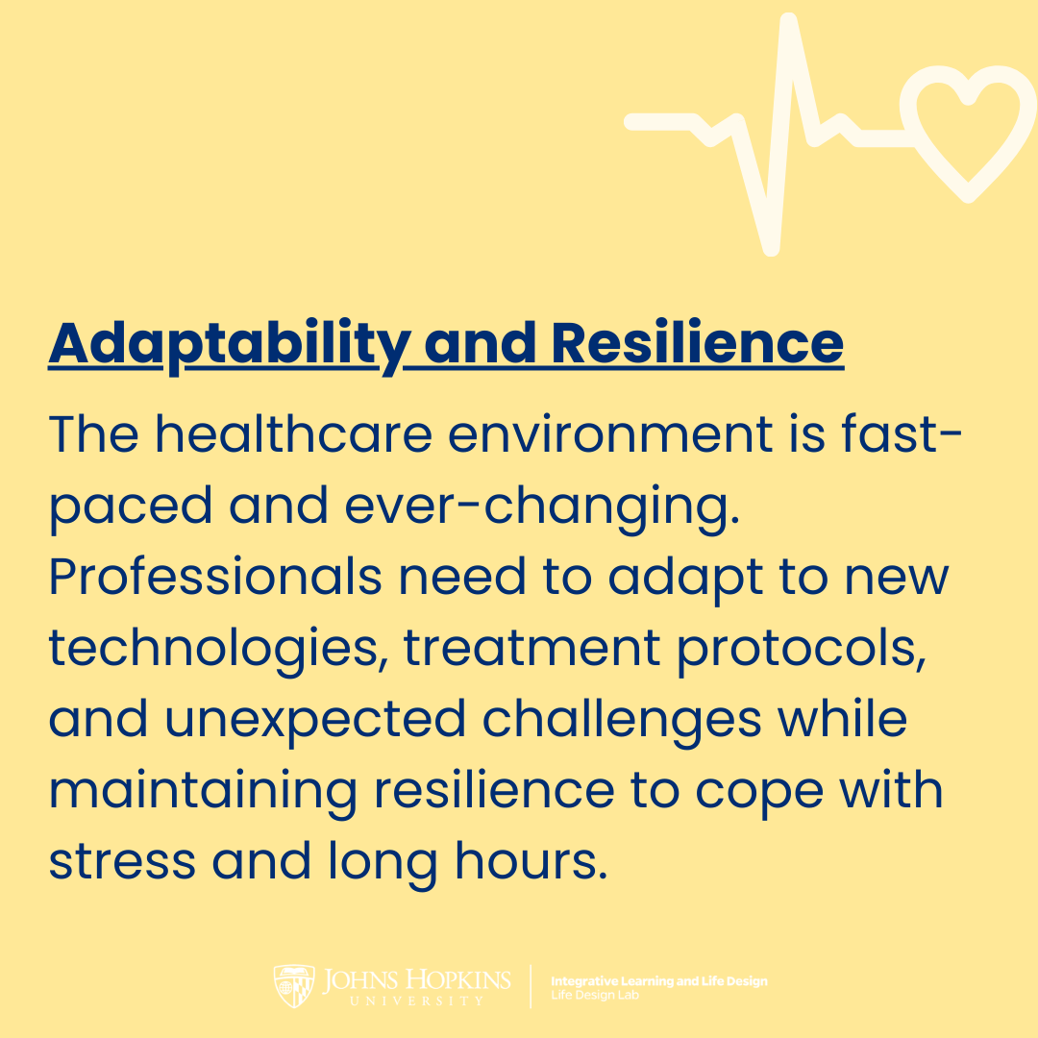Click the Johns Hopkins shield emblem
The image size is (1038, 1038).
(294, 986)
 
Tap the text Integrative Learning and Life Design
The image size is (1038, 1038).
(658, 981)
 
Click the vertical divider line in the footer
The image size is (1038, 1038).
(531, 987)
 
